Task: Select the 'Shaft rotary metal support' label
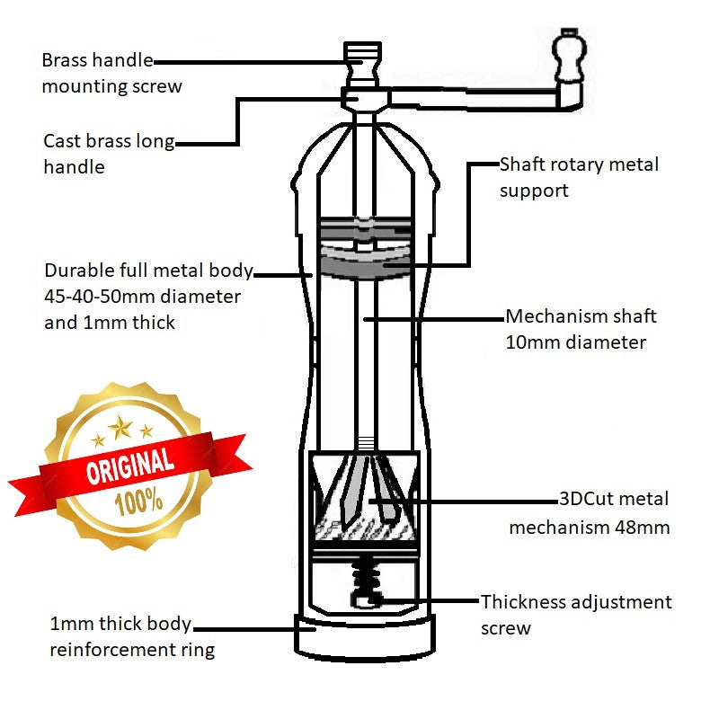point(579,177)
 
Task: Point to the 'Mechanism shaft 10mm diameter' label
point(581,329)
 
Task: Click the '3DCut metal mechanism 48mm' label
point(589,513)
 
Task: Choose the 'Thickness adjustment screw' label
point(576,615)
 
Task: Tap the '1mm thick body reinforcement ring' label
point(131,637)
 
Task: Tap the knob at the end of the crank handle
point(567,56)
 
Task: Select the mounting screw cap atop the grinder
point(363,56)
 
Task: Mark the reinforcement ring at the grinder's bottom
point(364,635)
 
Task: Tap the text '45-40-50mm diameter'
point(142,296)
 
